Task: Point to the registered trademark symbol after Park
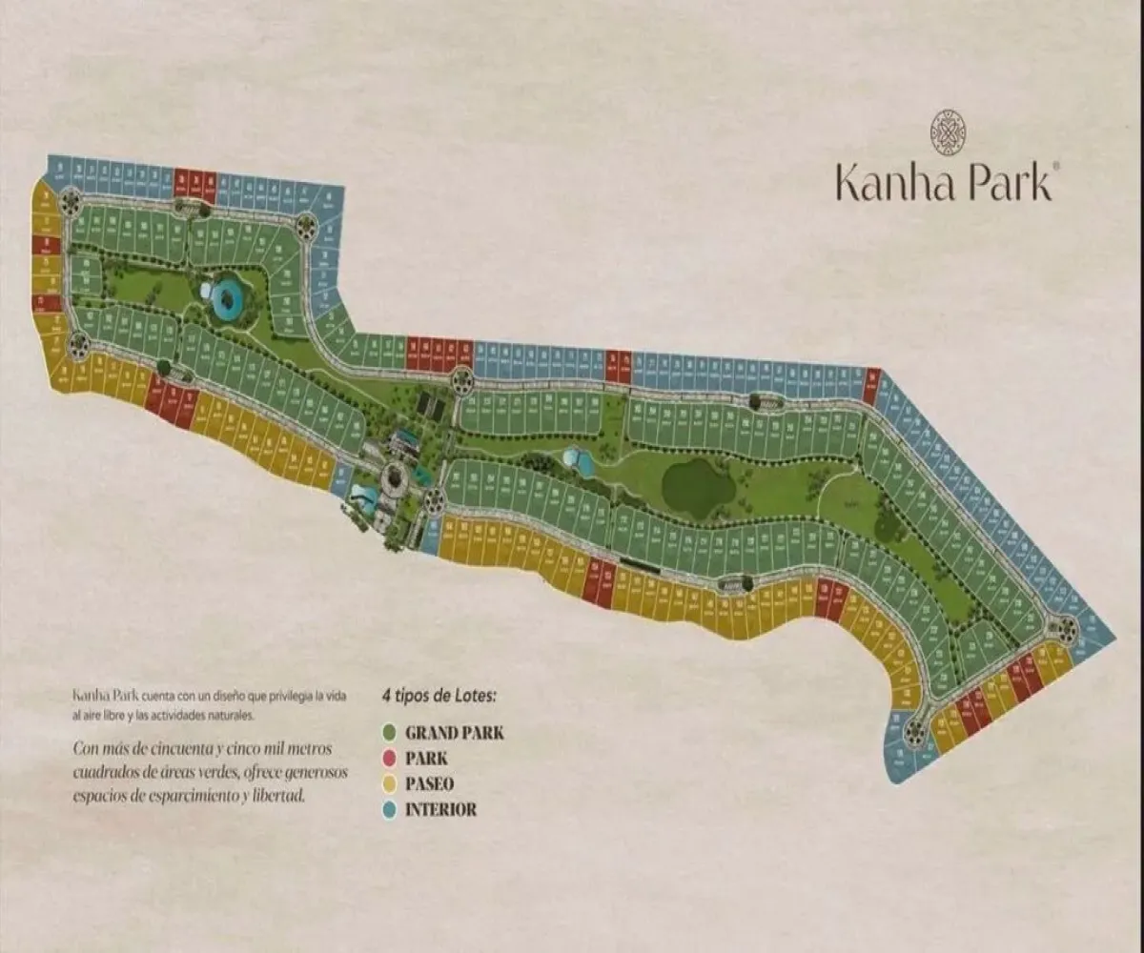click(1054, 166)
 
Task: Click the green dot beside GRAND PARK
click(389, 733)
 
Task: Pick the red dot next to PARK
click(389, 759)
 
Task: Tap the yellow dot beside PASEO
click(389, 784)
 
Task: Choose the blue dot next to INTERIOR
click(389, 810)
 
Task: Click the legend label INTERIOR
click(440, 811)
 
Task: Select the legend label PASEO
click(429, 785)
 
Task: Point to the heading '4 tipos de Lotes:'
click(439, 696)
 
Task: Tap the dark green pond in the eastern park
click(699, 486)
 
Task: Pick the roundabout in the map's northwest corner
click(70, 201)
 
